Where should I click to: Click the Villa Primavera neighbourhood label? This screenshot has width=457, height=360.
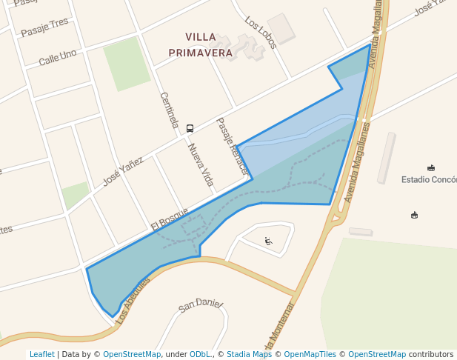tap(201, 44)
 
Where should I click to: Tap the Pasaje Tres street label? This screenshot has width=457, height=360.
tap(44, 27)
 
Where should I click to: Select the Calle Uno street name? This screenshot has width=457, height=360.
tap(58, 56)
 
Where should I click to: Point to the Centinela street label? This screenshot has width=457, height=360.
tap(169, 110)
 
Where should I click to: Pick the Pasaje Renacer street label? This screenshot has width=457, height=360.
tap(230, 146)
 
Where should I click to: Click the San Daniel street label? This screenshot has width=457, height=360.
tap(201, 304)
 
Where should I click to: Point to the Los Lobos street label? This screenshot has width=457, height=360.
tap(261, 33)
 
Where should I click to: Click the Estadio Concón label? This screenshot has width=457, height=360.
tap(429, 179)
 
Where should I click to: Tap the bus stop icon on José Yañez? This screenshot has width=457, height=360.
tap(190, 128)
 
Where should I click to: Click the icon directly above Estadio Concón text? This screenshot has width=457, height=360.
tap(431, 167)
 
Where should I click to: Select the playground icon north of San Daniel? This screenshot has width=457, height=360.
tap(268, 241)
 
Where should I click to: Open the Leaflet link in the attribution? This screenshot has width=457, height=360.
tap(41, 354)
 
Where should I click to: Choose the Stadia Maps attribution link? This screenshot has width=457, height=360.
tap(249, 354)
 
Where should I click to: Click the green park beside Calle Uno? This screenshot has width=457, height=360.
tap(127, 63)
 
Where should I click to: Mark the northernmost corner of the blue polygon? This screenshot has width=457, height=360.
tap(370, 44)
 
